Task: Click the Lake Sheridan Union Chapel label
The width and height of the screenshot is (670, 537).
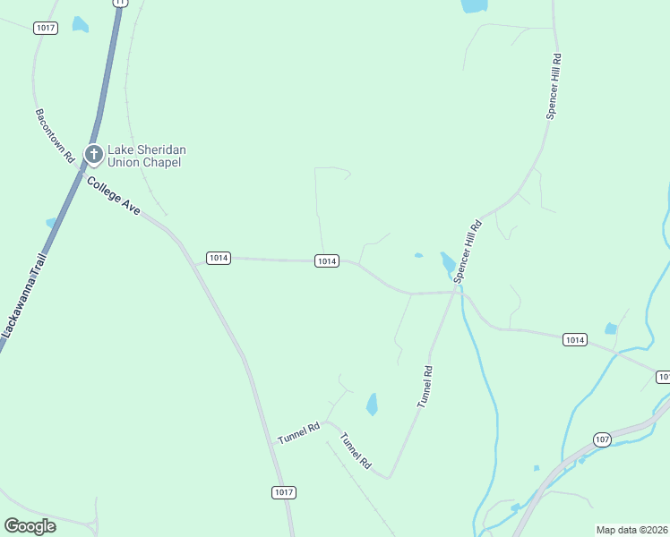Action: [x=147, y=156]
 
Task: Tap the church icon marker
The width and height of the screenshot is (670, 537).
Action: [x=93, y=155]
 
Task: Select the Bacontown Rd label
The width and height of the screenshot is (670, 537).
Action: [x=55, y=136]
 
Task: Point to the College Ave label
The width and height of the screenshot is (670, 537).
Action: [x=114, y=194]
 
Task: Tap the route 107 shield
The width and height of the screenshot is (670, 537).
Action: [x=602, y=439]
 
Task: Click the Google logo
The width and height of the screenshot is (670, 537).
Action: [x=30, y=526]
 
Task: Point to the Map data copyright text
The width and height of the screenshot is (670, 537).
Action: [x=631, y=530]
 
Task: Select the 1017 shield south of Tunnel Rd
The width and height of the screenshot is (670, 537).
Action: [x=283, y=492]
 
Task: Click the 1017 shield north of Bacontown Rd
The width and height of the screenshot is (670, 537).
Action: [x=46, y=29]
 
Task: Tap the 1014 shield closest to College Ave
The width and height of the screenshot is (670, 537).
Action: [x=219, y=258]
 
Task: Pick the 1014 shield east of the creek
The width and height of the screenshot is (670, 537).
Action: [x=575, y=339]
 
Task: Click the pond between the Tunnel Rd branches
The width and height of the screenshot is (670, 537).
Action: [x=372, y=405]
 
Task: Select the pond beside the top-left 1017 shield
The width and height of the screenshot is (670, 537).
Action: [x=81, y=24]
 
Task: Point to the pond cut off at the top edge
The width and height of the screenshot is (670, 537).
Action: [x=474, y=5]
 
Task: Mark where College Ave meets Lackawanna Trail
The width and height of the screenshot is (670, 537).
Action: [x=84, y=174]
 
